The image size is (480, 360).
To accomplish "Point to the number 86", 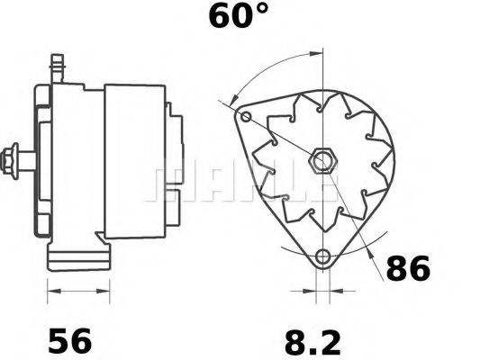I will coord(408,268).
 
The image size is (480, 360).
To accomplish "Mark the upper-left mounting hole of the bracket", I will coord(246,116).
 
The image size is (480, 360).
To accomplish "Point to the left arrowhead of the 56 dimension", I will coord(51,291).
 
